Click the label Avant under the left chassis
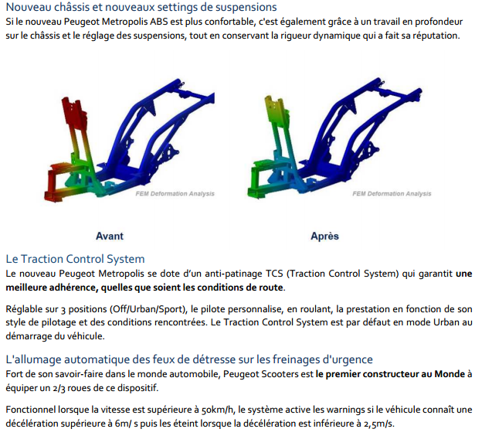[110, 236]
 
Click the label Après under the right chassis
[324, 236]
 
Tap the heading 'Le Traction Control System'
[76, 259]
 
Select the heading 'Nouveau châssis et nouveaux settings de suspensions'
[141, 7]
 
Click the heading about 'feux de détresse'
[189, 359]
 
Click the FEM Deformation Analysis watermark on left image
[175, 194]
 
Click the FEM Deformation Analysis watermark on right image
[392, 194]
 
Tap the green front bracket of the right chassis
[261, 181]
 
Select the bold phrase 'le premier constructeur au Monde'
[390, 374]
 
